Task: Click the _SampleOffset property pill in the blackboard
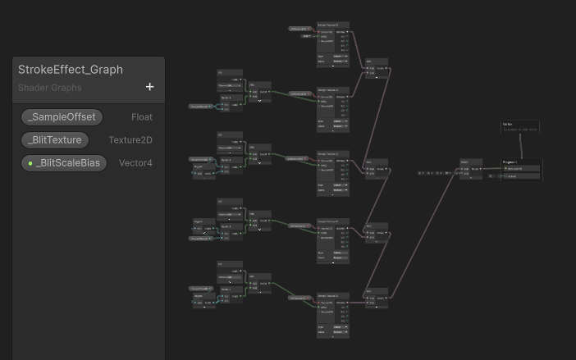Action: [x=62, y=117]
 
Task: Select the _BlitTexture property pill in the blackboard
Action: [x=55, y=140]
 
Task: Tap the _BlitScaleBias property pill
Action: [x=64, y=163]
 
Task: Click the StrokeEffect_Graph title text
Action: [x=71, y=70]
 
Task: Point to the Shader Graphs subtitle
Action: [x=50, y=88]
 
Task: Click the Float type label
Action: [x=142, y=117]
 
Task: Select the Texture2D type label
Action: [x=130, y=140]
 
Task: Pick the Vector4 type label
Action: [x=135, y=163]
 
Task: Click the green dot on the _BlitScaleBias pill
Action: [x=30, y=163]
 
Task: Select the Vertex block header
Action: [x=508, y=124]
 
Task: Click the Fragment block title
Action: [x=510, y=162]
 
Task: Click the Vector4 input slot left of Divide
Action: [x=435, y=173]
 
